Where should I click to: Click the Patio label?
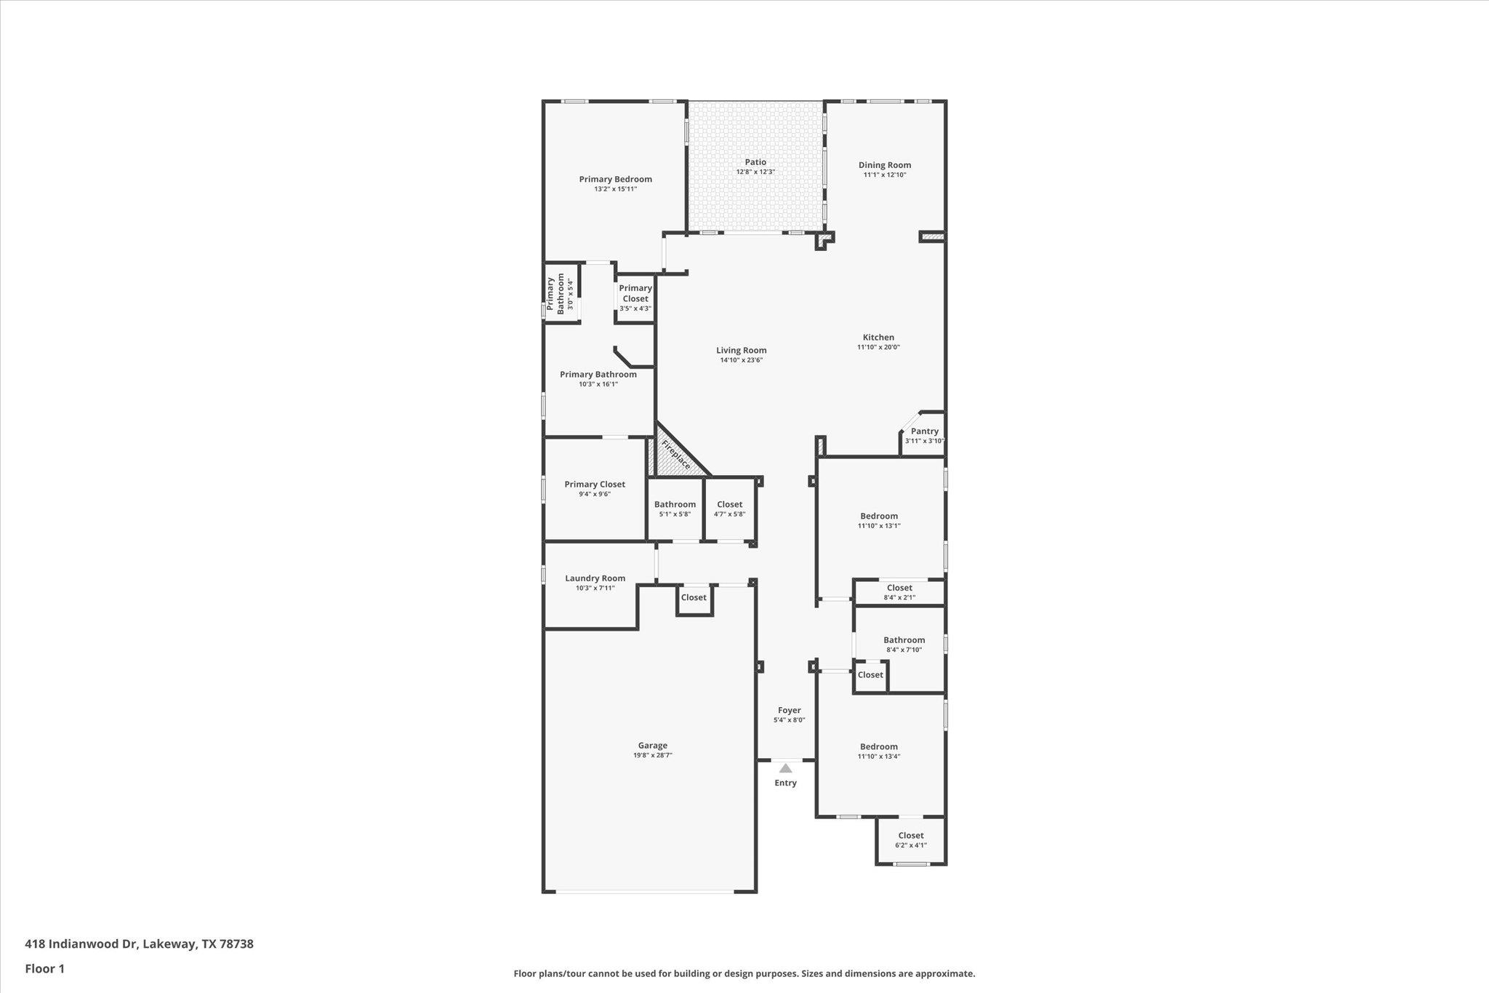click(x=755, y=162)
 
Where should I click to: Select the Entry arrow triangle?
click(x=785, y=768)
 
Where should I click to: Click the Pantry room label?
click(x=924, y=431)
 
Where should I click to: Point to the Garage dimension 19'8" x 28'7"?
click(x=652, y=755)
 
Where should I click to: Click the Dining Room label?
click(x=884, y=165)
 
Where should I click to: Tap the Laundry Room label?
click(x=595, y=578)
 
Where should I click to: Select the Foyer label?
click(x=789, y=710)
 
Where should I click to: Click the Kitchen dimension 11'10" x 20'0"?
click(x=878, y=347)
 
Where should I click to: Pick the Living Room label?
click(x=741, y=350)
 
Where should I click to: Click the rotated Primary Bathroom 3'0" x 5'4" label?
click(x=561, y=294)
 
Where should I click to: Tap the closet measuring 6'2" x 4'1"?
click(x=910, y=840)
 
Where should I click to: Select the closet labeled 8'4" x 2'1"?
click(x=899, y=592)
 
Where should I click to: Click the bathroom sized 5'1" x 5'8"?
click(x=675, y=509)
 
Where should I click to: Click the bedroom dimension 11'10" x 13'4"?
click(x=878, y=756)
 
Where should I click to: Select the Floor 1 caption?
click(x=45, y=968)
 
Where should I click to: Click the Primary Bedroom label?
click(x=615, y=179)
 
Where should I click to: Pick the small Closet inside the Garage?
click(x=694, y=597)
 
